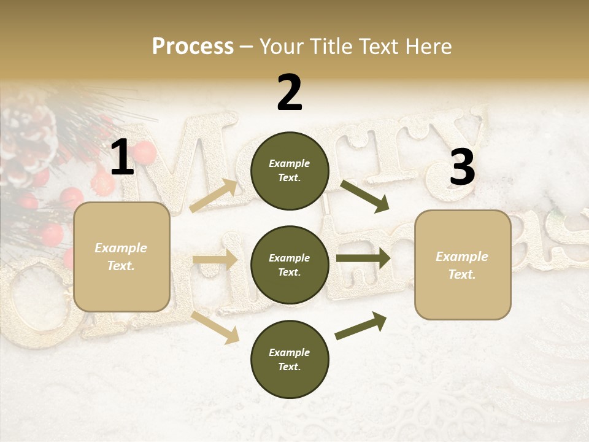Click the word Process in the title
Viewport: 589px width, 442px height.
coord(193,46)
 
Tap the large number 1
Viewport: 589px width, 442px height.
coord(122,158)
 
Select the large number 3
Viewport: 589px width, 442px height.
coord(462,167)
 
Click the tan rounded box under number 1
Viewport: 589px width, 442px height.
coord(121,257)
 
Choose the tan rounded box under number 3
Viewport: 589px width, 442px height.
coord(463,265)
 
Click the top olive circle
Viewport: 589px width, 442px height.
coord(290,171)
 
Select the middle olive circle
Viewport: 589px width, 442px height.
coord(290,265)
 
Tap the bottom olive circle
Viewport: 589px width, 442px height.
coord(290,359)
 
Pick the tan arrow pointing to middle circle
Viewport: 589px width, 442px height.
coord(215,260)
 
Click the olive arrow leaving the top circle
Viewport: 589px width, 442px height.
coord(364,196)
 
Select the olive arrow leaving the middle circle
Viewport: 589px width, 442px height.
coord(363,259)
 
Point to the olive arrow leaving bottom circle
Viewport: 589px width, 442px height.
coord(361,326)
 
